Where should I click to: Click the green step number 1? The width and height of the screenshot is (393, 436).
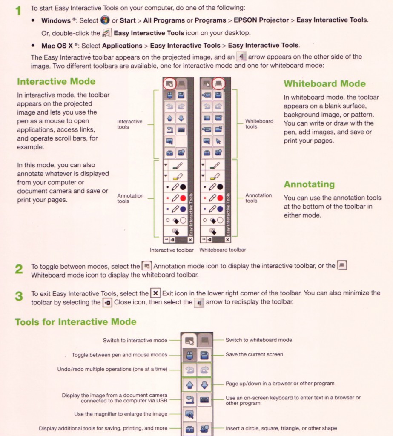pyautogui.click(x=18, y=10)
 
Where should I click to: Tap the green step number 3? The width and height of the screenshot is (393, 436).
pyautogui.click(x=18, y=296)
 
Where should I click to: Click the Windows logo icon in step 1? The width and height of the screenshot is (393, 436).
pyautogui.click(x=105, y=20)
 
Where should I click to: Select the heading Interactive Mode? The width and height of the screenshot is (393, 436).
pyautogui.click(x=56, y=81)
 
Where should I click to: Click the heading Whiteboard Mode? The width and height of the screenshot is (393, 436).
pyautogui.click(x=324, y=84)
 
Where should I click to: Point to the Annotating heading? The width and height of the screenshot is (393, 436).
pyautogui.click(x=309, y=184)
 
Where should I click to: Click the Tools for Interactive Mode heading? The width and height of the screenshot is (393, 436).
pyautogui.click(x=76, y=322)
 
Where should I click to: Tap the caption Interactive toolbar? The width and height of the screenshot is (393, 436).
pyautogui.click(x=172, y=250)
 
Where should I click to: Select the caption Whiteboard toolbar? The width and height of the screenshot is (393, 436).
pyautogui.click(x=223, y=250)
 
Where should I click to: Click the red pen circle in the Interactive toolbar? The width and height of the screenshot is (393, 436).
pyautogui.click(x=182, y=198)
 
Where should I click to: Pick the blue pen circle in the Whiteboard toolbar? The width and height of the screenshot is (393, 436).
pyautogui.click(x=220, y=209)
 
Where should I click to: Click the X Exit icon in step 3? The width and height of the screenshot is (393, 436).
pyautogui.click(x=156, y=293)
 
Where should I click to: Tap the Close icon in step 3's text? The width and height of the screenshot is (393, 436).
pyautogui.click(x=107, y=302)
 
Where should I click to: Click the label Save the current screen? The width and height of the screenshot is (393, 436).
pyautogui.click(x=254, y=354)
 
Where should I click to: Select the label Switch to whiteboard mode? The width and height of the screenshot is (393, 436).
pyautogui.click(x=258, y=340)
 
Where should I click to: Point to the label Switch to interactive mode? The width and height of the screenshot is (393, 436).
pyautogui.click(x=135, y=340)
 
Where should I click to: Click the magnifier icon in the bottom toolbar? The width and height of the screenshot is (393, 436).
pyautogui.click(x=189, y=414)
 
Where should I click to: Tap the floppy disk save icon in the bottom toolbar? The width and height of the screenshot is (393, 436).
pyautogui.click(x=204, y=355)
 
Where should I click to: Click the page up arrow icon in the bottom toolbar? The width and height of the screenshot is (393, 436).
pyautogui.click(x=189, y=385)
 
